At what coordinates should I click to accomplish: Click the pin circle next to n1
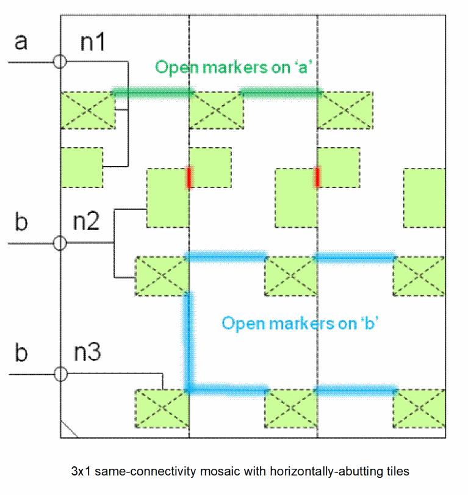pos(60,62)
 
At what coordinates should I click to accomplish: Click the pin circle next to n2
pos(60,243)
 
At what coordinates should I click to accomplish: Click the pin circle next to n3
pos(60,374)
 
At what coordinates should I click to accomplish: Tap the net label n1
pos(93,43)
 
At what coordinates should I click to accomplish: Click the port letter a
pos(21,43)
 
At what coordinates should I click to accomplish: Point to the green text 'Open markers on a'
pos(234,67)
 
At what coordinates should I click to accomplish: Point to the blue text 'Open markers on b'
pos(301,322)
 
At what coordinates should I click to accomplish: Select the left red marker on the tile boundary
pos(189,177)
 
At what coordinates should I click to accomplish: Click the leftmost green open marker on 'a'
pos(153,93)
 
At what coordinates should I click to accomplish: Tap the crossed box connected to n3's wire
pos(161,408)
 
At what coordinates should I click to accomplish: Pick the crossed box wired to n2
pos(161,276)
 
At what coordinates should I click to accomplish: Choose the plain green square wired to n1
pos(82,167)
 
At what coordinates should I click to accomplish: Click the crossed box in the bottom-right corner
pos(419,408)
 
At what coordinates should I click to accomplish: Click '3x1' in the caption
pos(80,471)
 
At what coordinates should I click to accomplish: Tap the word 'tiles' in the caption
pos(397,471)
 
